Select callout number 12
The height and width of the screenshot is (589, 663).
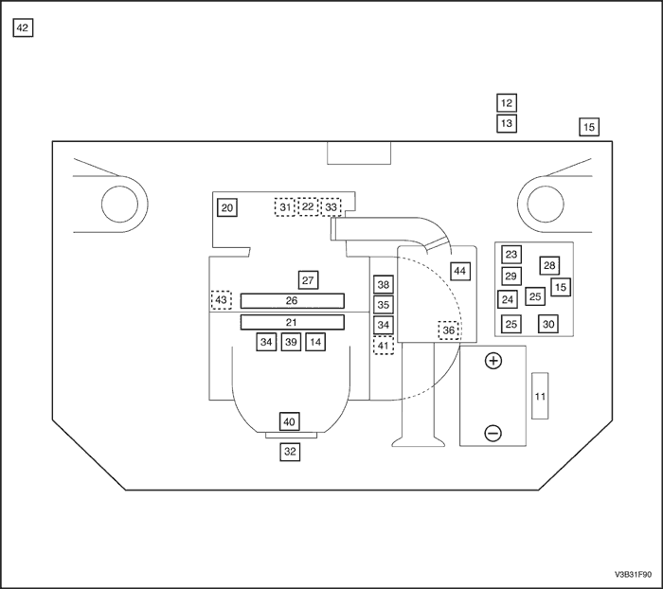click(507, 103)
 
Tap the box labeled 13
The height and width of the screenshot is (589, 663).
click(507, 124)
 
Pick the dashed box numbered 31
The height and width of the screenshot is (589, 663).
click(285, 207)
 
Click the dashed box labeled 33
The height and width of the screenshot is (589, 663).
click(331, 207)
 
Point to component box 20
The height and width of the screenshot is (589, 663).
click(227, 207)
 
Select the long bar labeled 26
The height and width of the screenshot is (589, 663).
click(292, 301)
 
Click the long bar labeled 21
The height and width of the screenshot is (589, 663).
click(292, 323)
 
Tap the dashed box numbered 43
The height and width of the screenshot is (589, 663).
click(221, 300)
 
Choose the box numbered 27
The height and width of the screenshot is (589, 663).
click(308, 280)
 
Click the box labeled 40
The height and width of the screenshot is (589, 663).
click(290, 421)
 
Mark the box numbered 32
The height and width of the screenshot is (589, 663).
click(290, 452)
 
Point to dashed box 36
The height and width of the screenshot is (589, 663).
click(449, 330)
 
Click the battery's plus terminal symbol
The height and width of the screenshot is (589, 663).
click(493, 361)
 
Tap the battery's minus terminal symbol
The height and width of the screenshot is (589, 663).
click(493, 433)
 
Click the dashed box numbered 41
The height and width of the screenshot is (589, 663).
click(384, 346)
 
